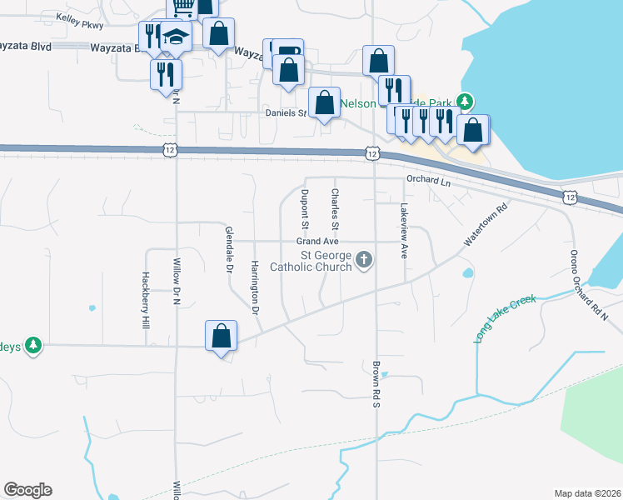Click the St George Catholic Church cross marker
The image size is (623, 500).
(363, 261)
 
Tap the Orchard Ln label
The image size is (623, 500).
(428, 180)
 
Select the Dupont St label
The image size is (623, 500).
(306, 208)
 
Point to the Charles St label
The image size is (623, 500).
(335, 208)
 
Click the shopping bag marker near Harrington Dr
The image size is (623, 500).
(222, 337)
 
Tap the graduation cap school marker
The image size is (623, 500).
(176, 37)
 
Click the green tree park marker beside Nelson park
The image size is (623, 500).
(466, 102)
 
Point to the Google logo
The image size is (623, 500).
(27, 490)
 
